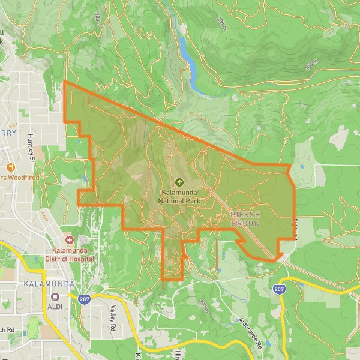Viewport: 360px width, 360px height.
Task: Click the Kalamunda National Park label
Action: tap(179, 197)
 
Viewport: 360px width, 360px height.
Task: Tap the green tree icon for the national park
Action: tap(179, 182)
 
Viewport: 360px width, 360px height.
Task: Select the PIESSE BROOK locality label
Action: tap(245, 219)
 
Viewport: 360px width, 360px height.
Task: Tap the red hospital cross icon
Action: tap(70, 239)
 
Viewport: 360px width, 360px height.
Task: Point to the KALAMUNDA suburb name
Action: tap(49, 283)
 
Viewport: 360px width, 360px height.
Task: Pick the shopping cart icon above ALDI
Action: tap(55, 296)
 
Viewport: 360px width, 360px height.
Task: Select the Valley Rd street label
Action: tap(112, 319)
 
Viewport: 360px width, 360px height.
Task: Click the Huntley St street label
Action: tap(31, 147)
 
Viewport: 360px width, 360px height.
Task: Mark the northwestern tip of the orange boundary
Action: tap(64, 82)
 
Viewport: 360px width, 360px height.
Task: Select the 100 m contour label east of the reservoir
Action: tap(310, 64)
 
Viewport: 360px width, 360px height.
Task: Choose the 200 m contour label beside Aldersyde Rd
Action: tap(204, 306)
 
